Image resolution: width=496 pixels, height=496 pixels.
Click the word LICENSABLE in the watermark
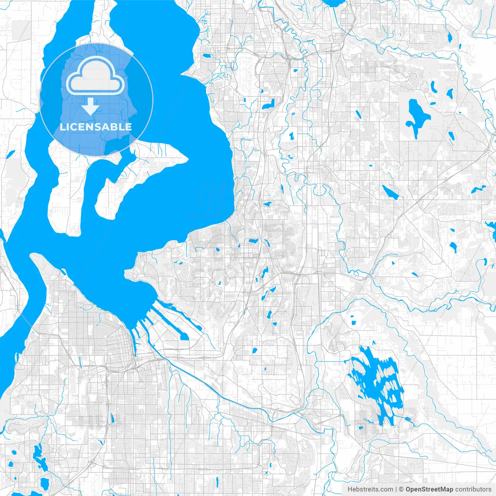pos(96,127)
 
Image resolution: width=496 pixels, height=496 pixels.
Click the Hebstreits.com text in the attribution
pos(370,489)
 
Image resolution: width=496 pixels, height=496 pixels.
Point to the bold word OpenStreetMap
pos(429,489)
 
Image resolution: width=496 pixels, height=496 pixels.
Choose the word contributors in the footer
pos(473,489)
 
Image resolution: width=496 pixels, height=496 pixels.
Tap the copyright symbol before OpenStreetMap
pos(401,489)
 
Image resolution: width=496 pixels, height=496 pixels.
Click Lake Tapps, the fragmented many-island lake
pos(374,382)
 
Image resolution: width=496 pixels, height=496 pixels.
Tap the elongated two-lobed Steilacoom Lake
pos(39,457)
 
